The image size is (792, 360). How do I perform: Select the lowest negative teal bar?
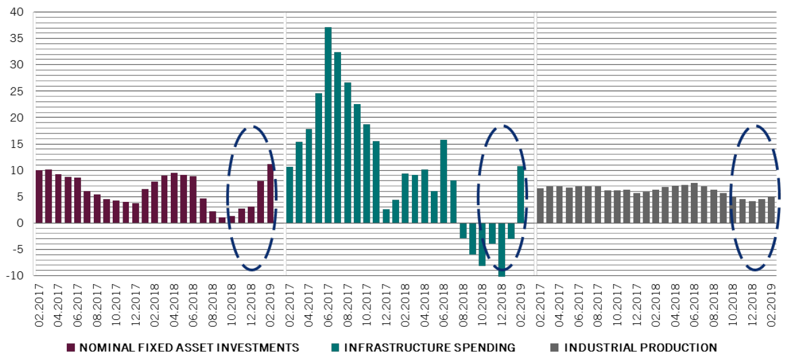(502, 250)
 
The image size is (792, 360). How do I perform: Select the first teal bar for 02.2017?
(290, 195)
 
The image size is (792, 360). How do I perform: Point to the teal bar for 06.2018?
(443, 181)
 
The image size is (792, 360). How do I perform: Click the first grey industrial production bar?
(540, 205)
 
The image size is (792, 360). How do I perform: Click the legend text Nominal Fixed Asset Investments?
(189, 347)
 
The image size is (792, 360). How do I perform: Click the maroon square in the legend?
(71, 347)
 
